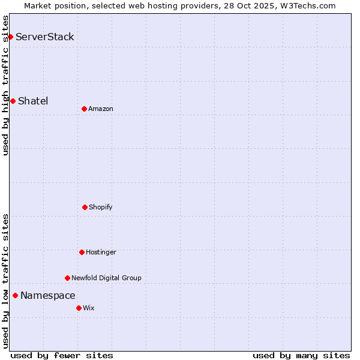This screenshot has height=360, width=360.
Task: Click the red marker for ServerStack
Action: point(10,37)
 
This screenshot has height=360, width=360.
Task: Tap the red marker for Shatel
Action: point(13,101)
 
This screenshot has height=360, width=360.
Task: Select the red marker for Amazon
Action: point(84,109)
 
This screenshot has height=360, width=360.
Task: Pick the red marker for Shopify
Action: point(85,207)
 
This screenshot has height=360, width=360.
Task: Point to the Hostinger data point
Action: point(82,252)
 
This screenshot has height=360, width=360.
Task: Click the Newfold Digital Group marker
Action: point(67,278)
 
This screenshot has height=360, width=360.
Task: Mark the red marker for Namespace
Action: point(15,295)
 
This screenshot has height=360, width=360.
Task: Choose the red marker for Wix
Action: point(79,308)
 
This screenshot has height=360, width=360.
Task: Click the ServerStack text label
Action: point(45,37)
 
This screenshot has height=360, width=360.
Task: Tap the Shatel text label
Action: point(33,101)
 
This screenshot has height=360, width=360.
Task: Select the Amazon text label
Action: point(101,109)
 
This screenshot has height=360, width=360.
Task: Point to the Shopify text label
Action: point(101,207)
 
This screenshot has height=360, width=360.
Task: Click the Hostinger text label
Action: point(101,252)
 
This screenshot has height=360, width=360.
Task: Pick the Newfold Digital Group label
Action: point(106,278)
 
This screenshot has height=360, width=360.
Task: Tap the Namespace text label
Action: point(48,295)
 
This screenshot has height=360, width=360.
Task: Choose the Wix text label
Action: point(89,308)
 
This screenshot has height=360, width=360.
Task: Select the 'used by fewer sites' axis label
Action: point(62,355)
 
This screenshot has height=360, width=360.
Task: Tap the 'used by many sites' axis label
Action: point(301,355)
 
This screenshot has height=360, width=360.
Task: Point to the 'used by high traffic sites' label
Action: point(5,85)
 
